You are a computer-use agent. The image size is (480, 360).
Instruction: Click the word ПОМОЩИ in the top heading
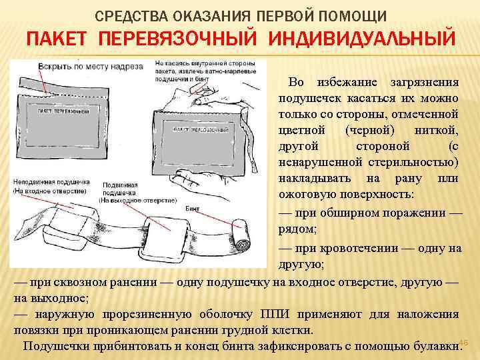point(353,15)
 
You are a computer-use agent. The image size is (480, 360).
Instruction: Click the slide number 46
point(465,343)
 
